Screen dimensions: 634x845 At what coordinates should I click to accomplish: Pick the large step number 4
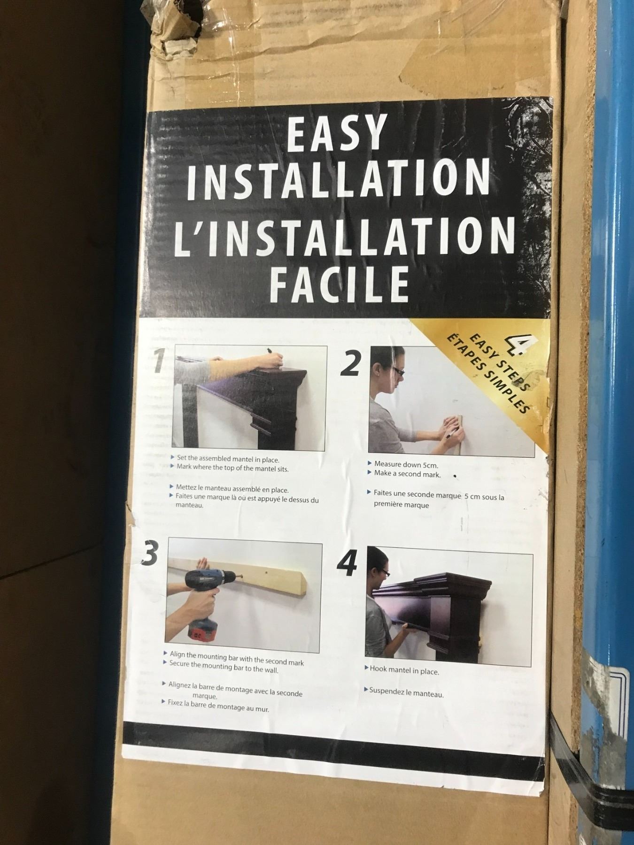(347, 562)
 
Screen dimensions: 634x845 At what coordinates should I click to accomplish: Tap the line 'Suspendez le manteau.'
(406, 692)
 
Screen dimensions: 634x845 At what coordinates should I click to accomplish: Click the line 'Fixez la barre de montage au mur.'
(218, 706)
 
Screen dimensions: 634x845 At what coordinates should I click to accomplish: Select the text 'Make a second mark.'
(407, 474)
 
